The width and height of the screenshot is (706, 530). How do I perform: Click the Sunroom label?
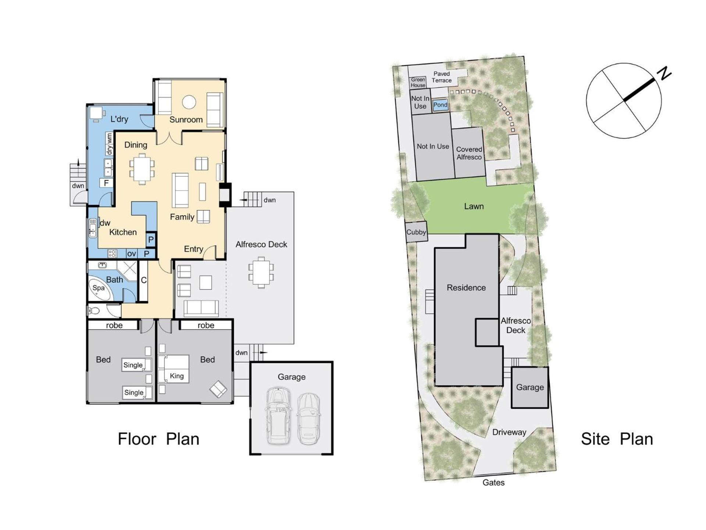click(x=186, y=120)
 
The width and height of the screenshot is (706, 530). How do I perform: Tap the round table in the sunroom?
click(x=189, y=102)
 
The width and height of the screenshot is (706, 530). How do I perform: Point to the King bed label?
click(x=177, y=376)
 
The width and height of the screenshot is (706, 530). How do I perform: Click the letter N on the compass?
click(x=664, y=73)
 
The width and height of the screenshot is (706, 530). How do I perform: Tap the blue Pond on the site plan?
click(x=440, y=105)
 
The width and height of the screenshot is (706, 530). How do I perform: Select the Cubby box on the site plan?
click(x=416, y=232)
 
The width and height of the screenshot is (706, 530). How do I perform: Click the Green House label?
click(x=418, y=82)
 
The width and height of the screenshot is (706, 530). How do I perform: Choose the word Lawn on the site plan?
click(x=474, y=206)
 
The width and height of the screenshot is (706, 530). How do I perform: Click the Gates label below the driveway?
click(x=493, y=483)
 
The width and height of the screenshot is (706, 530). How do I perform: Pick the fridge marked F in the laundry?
click(x=106, y=183)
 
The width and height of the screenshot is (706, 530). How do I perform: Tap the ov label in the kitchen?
click(x=132, y=254)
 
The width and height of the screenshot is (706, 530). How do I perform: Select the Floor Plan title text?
click(x=158, y=439)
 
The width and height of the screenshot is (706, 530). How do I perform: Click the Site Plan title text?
click(x=617, y=439)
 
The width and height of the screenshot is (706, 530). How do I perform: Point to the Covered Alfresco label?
click(x=469, y=153)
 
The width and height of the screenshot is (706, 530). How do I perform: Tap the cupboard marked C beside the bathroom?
click(x=143, y=280)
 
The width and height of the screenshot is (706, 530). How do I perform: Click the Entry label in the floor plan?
click(x=193, y=249)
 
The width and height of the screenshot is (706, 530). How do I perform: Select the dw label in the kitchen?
click(x=105, y=223)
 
